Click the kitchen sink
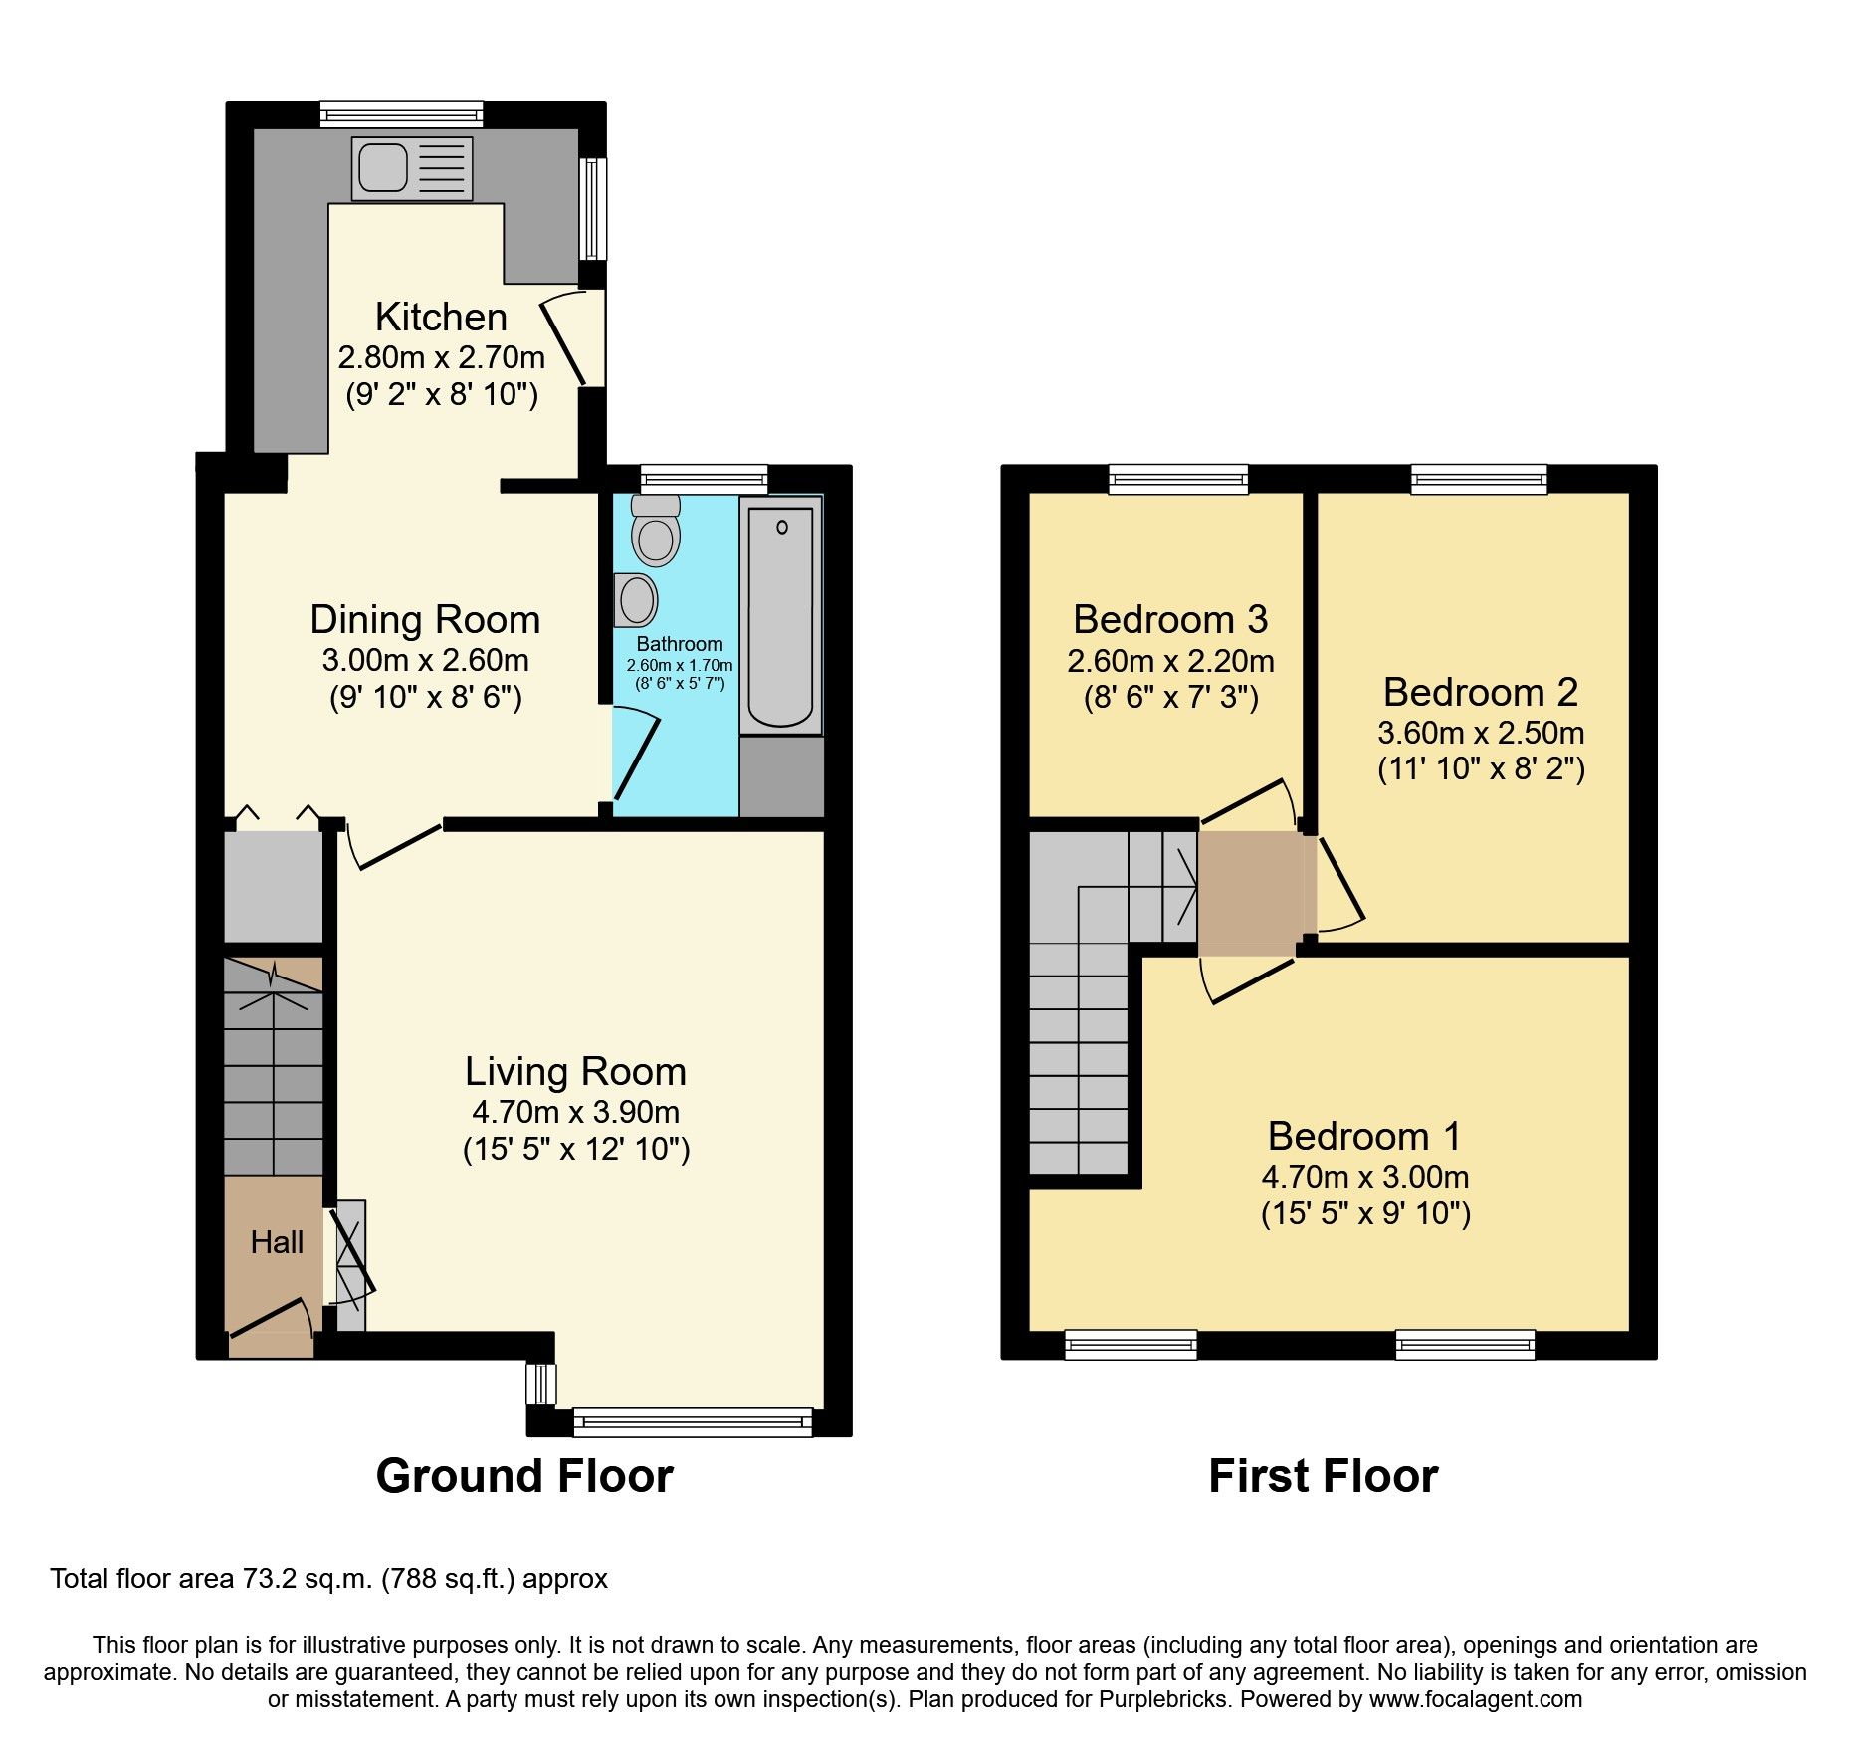(x=411, y=167)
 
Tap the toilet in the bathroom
(x=656, y=533)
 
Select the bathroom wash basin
(x=635, y=600)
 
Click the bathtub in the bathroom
(x=780, y=615)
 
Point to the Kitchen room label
(x=441, y=317)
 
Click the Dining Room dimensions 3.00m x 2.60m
(x=425, y=660)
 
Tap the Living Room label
(x=575, y=1071)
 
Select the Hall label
(x=277, y=1241)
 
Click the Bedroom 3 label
(x=1170, y=619)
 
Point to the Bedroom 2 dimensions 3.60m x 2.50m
(x=1481, y=733)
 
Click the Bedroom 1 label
(x=1364, y=1136)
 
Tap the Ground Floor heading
(x=524, y=1475)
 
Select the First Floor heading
(x=1323, y=1475)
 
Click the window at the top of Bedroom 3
(x=1178, y=479)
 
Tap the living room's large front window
(x=693, y=1421)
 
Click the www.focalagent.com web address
(x=1476, y=1699)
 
